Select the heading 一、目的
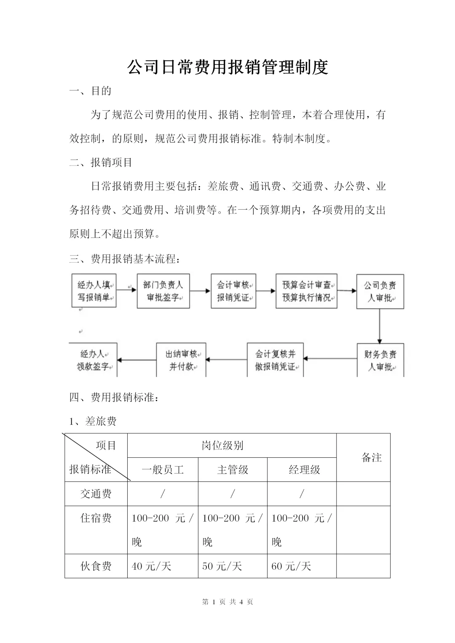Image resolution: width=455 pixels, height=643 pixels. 90,91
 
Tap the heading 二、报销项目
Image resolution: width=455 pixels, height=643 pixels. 101,163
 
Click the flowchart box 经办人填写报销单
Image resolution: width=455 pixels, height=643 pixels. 94,291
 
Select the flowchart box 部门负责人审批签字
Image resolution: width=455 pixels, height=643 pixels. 163,291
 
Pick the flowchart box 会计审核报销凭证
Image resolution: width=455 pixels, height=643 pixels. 233,291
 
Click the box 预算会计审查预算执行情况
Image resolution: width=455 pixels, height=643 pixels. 306,291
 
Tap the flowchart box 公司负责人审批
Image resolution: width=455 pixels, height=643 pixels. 380,291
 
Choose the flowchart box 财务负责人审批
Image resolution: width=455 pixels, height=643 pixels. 380,360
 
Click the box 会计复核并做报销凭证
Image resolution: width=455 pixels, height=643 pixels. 275,360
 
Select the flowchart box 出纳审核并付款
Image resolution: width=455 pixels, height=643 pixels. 181,360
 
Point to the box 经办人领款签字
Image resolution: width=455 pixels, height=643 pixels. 93,360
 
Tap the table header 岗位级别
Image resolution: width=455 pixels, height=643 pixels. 222,446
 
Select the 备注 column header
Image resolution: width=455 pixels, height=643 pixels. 372,457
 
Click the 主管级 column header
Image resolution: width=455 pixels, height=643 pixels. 233,470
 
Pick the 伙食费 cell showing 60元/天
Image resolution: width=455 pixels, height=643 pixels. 291,566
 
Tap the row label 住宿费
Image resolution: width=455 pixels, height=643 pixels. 96,518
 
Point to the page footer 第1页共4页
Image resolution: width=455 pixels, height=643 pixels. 227,602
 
